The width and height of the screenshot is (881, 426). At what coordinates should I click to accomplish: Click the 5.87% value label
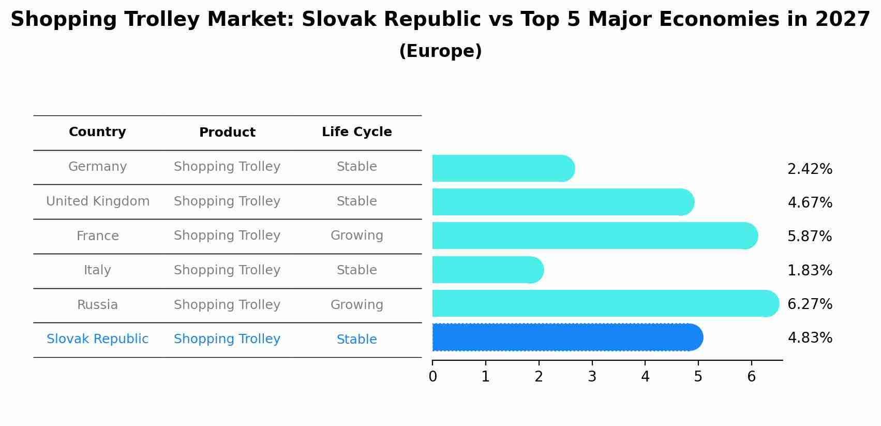[810, 237]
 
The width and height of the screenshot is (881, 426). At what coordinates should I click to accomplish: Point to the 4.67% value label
[810, 202]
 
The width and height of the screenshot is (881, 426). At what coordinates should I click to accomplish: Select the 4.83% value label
[810, 338]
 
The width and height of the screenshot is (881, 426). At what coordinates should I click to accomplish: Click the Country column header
[97, 132]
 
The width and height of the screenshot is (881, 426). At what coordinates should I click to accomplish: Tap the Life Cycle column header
[356, 132]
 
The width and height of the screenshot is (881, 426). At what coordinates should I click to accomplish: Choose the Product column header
[227, 133]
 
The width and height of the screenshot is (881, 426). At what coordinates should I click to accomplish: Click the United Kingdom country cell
[98, 201]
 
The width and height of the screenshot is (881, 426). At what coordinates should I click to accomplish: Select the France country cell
[98, 236]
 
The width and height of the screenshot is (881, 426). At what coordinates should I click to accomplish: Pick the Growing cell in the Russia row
[356, 305]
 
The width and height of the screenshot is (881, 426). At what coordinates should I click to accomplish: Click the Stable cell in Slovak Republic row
[356, 340]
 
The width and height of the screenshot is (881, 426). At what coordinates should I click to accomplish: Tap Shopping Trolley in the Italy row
[227, 270]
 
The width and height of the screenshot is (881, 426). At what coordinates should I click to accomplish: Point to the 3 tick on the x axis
[592, 377]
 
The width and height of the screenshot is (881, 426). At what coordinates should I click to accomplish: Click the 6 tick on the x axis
[751, 377]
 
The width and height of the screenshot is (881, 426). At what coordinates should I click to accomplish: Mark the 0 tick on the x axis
[432, 377]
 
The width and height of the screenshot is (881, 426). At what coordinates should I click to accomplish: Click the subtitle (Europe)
[440, 51]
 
